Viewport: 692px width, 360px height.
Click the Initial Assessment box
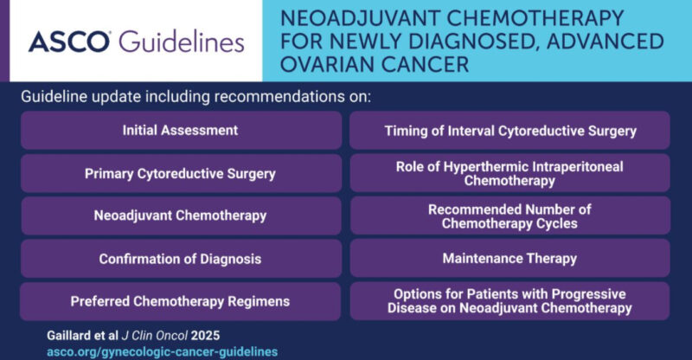180,131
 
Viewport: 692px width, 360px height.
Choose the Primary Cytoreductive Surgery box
180,173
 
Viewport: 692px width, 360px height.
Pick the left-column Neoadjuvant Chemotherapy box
180,215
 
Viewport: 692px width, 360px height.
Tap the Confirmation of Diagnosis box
180,258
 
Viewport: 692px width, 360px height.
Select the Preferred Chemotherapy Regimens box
180,300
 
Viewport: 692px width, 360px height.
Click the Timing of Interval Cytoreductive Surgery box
509,131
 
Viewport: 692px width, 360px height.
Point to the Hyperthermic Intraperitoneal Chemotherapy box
509,173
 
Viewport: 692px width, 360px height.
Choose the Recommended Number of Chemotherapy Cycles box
509,215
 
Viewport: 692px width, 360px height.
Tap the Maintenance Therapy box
509,258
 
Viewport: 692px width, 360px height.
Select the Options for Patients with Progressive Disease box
509,300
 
